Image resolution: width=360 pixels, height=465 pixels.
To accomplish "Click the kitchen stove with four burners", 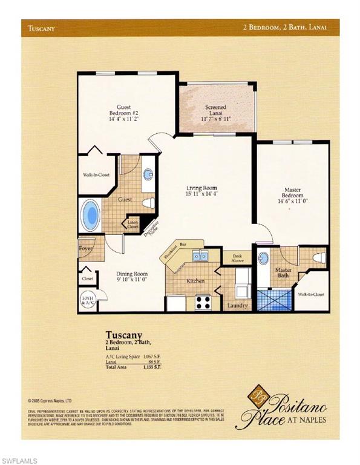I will [203, 300].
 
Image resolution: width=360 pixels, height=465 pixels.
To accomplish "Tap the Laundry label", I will [237, 306].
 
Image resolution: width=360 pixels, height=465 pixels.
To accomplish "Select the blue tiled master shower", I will [273, 300].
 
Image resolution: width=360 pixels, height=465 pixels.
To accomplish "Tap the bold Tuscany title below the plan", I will [124, 334].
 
